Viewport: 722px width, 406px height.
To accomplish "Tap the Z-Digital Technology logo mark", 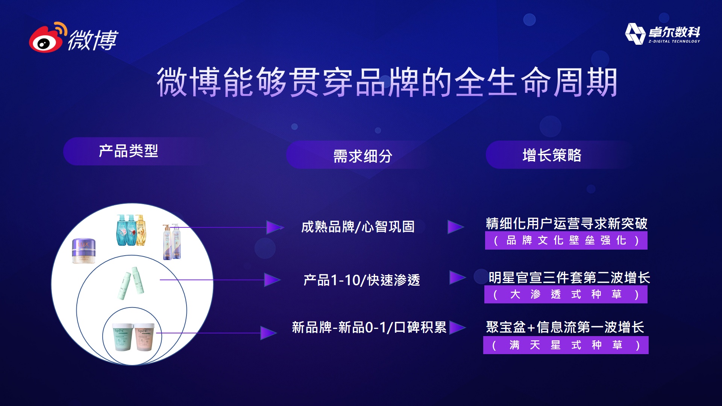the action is (x=635, y=34).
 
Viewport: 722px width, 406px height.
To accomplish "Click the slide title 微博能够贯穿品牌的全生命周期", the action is (x=387, y=82).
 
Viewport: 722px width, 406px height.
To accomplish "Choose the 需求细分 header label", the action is (x=363, y=156).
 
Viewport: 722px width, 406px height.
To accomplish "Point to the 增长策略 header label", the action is (x=552, y=155).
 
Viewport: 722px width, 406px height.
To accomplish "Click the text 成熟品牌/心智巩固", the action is (x=358, y=227).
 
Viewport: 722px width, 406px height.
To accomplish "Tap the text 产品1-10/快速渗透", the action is (x=362, y=280).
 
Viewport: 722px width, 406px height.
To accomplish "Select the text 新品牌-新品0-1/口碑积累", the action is (x=369, y=327).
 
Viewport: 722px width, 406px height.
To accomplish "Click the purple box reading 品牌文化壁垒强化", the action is (x=566, y=240).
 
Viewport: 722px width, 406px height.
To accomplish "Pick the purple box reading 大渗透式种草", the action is (x=566, y=294).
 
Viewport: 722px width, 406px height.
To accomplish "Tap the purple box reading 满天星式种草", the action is (x=566, y=345).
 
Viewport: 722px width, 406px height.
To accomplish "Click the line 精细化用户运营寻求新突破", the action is (x=567, y=223).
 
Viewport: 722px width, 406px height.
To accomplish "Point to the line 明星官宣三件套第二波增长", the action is (x=569, y=277).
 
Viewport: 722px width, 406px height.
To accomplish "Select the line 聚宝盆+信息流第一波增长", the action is (x=565, y=327).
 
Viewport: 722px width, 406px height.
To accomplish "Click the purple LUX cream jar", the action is (x=84, y=251).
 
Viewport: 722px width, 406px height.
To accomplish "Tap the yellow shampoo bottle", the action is (x=140, y=230).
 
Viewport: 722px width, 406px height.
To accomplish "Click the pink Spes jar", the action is (x=145, y=337).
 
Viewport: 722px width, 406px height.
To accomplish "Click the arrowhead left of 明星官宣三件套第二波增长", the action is (x=458, y=277).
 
